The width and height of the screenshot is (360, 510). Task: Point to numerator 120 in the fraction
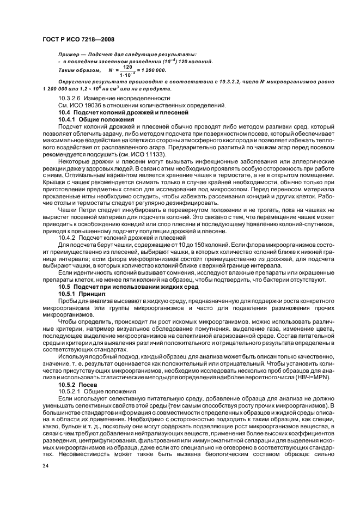127,67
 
